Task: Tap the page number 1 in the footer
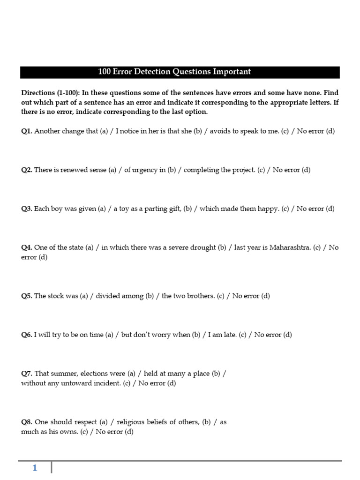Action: point(35,468)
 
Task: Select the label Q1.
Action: point(26,131)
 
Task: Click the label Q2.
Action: point(26,170)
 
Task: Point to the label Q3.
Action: point(26,209)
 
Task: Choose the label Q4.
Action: point(26,247)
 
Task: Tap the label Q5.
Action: point(26,296)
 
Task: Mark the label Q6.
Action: point(26,335)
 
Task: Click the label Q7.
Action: point(26,374)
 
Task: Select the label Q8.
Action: point(26,422)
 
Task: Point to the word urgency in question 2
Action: point(145,170)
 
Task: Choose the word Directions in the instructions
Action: point(38,93)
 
